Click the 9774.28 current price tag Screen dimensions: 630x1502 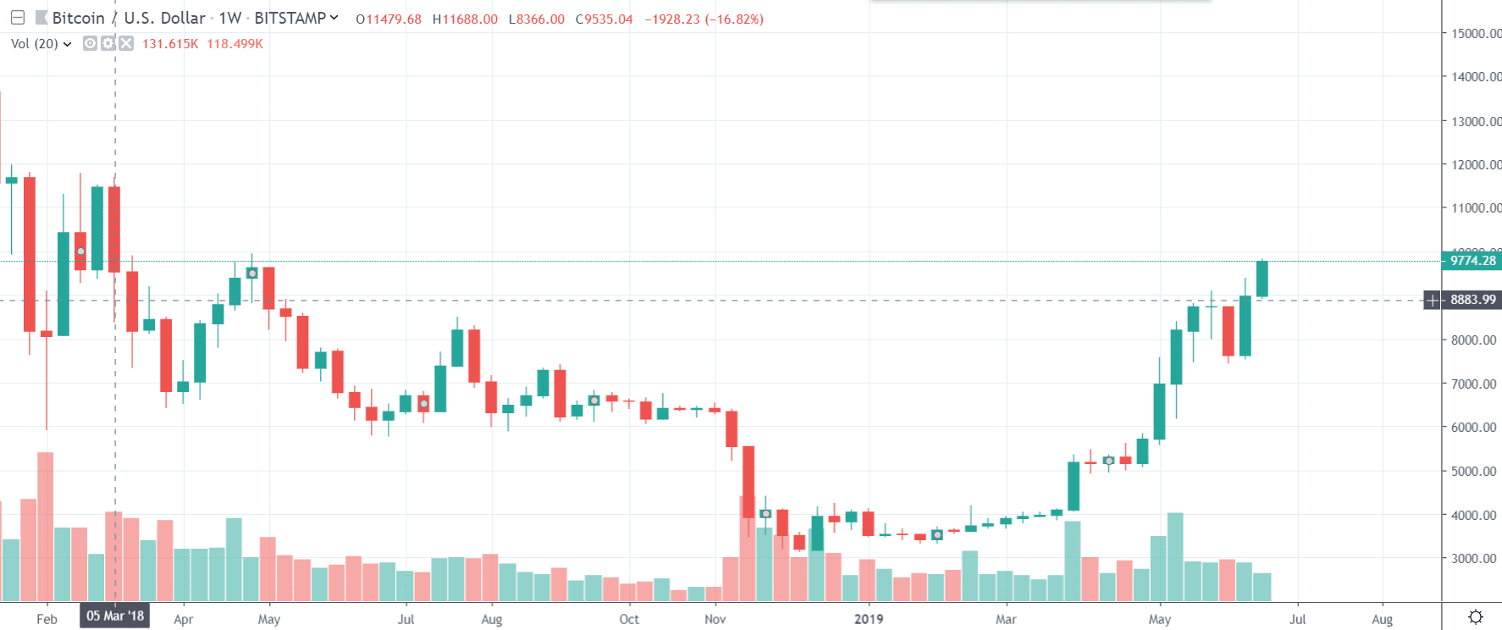click(x=1472, y=261)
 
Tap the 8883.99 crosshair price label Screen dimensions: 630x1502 click(x=1472, y=300)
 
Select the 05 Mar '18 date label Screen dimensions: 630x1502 click(x=115, y=616)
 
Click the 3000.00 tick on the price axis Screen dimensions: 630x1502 click(x=1473, y=559)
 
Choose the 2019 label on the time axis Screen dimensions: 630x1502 click(x=869, y=619)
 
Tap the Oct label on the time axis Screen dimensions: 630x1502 click(x=629, y=619)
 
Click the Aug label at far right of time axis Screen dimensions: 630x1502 click(x=1382, y=619)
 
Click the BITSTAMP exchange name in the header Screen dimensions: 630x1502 click(x=290, y=19)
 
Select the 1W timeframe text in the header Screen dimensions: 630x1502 click(x=230, y=19)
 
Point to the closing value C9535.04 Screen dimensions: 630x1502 click(x=604, y=19)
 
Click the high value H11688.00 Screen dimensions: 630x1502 click(x=465, y=19)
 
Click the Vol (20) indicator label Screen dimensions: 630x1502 click(x=35, y=44)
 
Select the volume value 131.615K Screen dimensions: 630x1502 click(x=169, y=44)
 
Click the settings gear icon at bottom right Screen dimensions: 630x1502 click(x=1475, y=617)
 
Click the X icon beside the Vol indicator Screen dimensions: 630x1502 click(x=126, y=43)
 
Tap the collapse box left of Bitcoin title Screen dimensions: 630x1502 click(x=17, y=18)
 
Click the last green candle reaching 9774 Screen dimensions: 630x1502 click(x=1262, y=279)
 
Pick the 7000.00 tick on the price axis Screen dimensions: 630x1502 click(x=1473, y=384)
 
